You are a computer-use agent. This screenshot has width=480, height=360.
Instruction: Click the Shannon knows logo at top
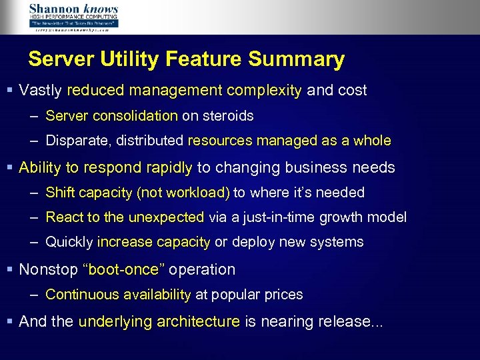73,17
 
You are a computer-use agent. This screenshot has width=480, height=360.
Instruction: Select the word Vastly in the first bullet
41,90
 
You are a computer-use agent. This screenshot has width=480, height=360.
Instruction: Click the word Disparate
74,141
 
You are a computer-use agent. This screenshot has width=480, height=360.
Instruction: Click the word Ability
40,167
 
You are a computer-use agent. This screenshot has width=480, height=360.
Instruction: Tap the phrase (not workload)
183,193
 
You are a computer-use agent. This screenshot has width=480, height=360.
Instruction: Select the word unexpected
165,218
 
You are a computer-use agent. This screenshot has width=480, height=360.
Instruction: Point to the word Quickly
69,243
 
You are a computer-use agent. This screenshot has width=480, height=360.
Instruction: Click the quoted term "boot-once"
123,270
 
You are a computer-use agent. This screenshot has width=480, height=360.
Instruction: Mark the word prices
283,295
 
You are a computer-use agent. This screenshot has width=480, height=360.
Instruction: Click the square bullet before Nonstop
9,270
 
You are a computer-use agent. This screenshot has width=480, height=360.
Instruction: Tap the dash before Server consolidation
33,116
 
